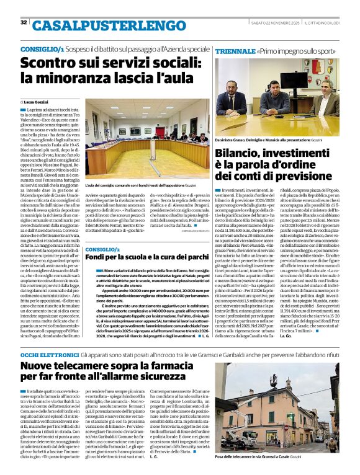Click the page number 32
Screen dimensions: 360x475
[x=24, y=23]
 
